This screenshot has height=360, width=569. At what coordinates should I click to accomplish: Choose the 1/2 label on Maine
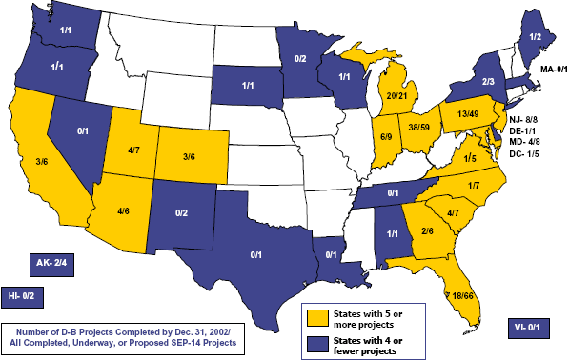538,36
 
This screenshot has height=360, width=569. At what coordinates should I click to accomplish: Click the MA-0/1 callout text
547,70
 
